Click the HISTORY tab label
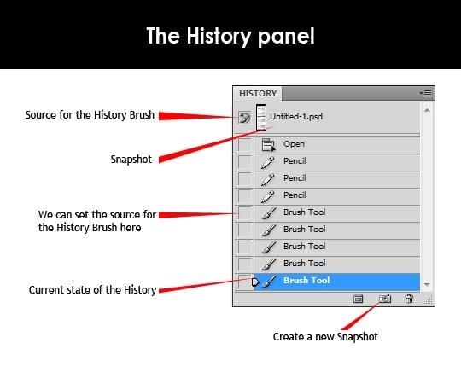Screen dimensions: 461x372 tap(258, 94)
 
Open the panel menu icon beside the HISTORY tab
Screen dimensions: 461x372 tap(425, 94)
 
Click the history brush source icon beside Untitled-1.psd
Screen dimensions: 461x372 tap(244, 118)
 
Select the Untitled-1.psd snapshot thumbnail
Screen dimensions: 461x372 tap(261, 118)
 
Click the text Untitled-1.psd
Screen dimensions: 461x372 tap(296, 117)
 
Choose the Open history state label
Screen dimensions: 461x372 tap(294, 144)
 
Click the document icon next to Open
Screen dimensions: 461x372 tap(268, 144)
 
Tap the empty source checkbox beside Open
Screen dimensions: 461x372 tap(244, 144)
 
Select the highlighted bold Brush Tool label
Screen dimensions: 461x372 tap(306, 281)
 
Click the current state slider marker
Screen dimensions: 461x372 tap(255, 282)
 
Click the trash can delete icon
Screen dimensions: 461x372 tap(409, 299)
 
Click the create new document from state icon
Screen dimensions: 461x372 tap(358, 299)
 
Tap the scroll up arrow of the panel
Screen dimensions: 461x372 tap(427, 110)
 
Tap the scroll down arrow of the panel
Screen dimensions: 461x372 tap(427, 284)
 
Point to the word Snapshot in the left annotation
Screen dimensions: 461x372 tap(131, 160)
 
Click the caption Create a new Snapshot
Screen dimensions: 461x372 tap(325, 337)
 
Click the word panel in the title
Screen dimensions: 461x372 tap(286, 37)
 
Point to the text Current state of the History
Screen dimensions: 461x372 tap(92, 290)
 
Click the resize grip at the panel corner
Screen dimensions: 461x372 tap(429, 300)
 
